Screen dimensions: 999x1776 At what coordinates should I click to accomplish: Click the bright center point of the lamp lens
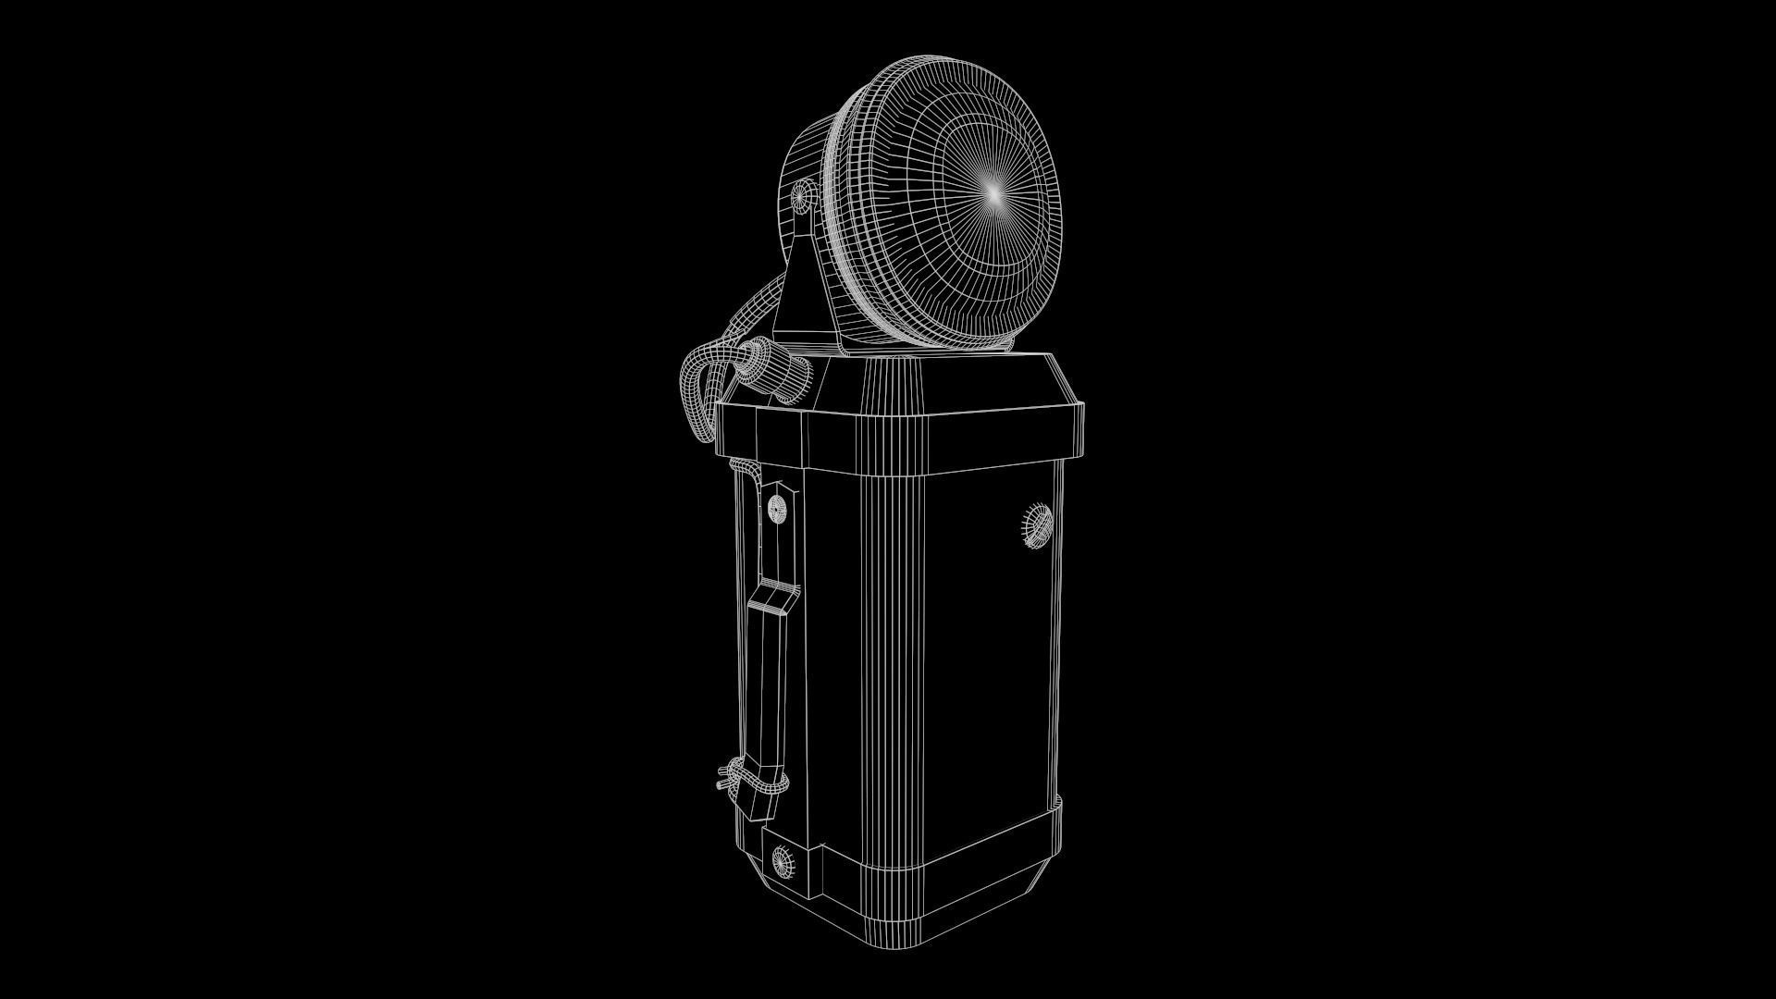(x=993, y=193)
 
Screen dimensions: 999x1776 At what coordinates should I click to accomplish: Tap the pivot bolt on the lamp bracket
(x=801, y=196)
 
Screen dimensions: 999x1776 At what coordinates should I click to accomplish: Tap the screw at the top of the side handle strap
(x=776, y=507)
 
